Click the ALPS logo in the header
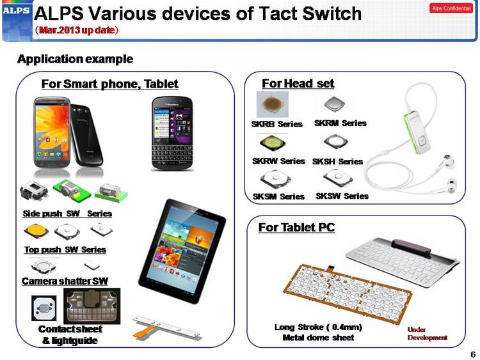tap(16, 10)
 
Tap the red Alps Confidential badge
tap(451, 8)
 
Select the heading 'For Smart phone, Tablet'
tap(110, 84)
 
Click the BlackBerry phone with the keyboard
tap(172, 134)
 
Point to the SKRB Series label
tap(276, 124)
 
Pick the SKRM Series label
tap(340, 123)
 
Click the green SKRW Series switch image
tap(273, 143)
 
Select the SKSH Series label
tap(337, 161)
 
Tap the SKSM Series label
tap(278, 196)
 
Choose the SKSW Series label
tap(342, 196)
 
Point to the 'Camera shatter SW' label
tap(65, 281)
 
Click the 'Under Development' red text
tap(428, 334)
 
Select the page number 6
tap(473, 354)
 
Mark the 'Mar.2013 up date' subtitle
tap(76, 30)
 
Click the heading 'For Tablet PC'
tap(296, 227)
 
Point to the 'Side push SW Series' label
tap(67, 214)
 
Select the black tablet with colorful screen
tap(182, 251)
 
